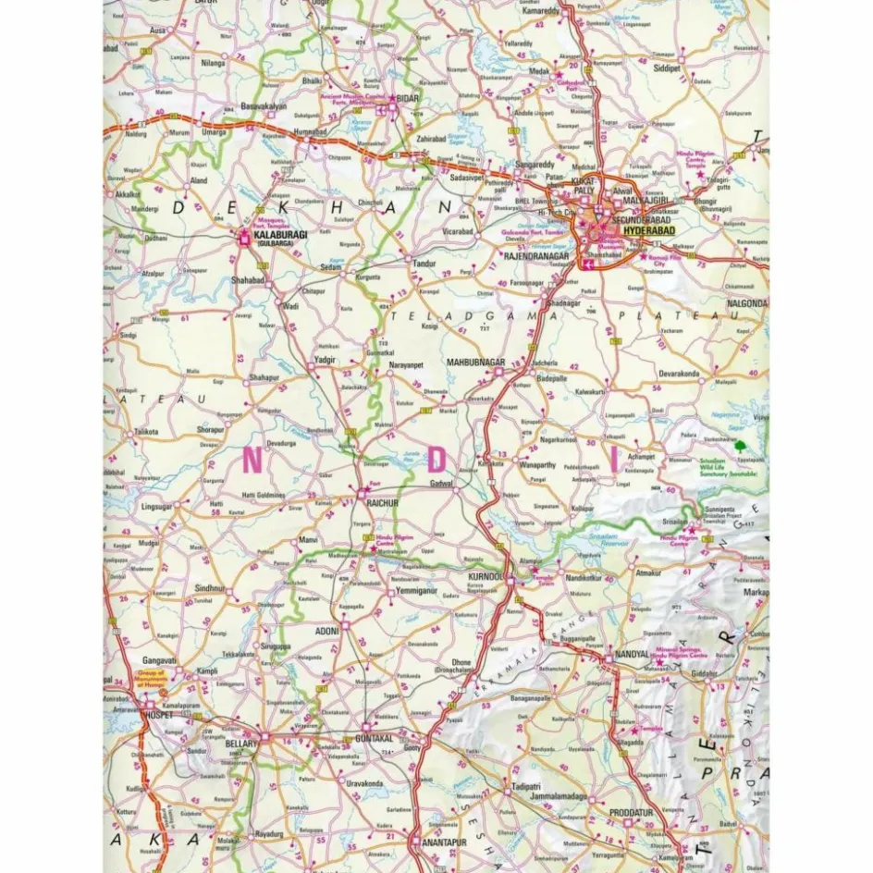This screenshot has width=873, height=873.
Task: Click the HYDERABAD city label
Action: pos(648,230)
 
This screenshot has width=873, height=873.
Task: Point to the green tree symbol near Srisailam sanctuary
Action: pos(739,446)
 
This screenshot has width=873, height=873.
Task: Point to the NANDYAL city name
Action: pos(633,656)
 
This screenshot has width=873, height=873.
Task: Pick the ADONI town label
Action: pos(326,631)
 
